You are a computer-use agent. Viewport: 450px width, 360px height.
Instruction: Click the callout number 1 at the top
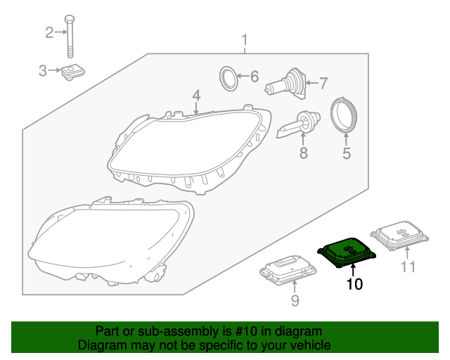245,39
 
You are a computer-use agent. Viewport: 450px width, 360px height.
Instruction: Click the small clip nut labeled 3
70,71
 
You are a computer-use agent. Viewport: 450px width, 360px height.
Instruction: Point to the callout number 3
42,70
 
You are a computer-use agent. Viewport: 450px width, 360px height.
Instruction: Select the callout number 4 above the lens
196,94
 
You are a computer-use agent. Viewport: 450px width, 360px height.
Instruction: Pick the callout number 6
255,76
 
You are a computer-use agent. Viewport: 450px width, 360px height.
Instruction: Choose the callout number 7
323,84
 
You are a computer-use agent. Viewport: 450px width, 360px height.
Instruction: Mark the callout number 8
304,153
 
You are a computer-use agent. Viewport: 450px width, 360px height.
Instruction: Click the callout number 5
346,153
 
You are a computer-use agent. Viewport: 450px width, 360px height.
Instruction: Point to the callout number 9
295,301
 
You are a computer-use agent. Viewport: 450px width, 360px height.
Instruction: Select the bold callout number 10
354,285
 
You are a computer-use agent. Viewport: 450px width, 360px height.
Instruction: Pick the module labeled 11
399,236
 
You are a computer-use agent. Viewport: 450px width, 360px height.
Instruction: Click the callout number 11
408,266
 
